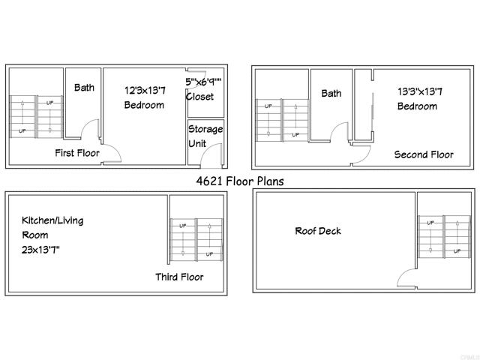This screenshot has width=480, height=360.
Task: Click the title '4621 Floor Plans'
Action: [x=240, y=181]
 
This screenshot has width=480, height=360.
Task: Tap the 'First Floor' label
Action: [x=77, y=153]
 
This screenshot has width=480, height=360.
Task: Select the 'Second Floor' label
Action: [x=424, y=154]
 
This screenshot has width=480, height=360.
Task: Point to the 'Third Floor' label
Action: [x=179, y=277]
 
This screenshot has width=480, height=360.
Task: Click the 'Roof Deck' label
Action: [x=317, y=230]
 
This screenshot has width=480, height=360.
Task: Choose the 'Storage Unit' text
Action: [x=205, y=136]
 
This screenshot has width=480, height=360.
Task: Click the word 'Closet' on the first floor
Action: [x=199, y=97]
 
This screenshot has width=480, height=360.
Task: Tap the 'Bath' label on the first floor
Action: [x=84, y=88]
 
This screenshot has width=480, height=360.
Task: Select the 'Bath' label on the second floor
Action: [x=331, y=94]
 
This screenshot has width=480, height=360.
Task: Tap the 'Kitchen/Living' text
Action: [x=52, y=220]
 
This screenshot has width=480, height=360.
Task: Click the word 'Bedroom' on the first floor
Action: [x=144, y=105]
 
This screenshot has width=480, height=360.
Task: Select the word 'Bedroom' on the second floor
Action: [x=417, y=106]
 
